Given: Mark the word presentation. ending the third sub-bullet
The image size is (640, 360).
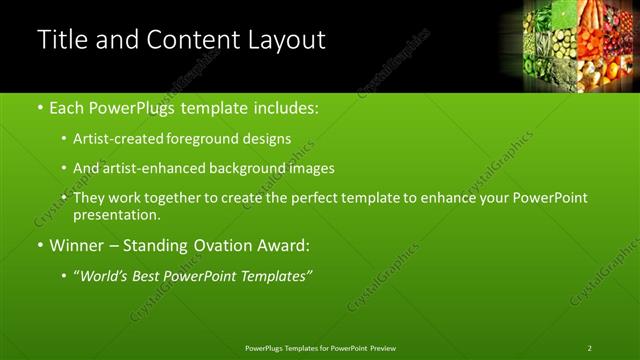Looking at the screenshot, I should [117, 215].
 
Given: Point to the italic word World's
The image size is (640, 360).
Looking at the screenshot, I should [105, 275].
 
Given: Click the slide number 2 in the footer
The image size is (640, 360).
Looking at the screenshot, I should [590, 348].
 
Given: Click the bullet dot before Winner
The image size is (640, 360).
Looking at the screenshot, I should [39, 245].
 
